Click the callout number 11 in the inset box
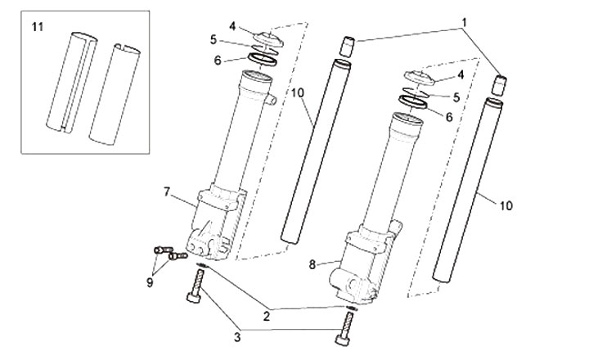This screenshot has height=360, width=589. point(38,27)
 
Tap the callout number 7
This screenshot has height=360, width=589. point(167,191)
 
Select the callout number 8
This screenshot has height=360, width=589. point(312,264)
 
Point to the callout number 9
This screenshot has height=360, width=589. point(150,282)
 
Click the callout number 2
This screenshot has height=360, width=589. point(267,317)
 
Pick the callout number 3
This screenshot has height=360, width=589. point(237,337)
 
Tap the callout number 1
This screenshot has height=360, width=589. point(465,23)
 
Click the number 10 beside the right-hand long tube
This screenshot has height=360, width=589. point(506,205)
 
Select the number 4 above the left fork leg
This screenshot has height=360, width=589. point(232,26)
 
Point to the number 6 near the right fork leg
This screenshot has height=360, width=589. point(449,117)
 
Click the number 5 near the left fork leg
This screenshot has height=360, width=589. point(214,39)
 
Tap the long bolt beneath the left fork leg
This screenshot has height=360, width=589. point(196,286)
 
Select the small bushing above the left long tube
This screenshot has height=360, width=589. point(348,47)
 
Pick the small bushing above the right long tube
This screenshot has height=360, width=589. point(500,85)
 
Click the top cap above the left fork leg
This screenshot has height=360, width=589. point(269,39)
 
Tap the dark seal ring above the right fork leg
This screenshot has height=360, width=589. point(413,101)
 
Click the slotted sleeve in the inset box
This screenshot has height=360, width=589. point(71,83)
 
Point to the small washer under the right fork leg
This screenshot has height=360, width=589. point(352,308)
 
